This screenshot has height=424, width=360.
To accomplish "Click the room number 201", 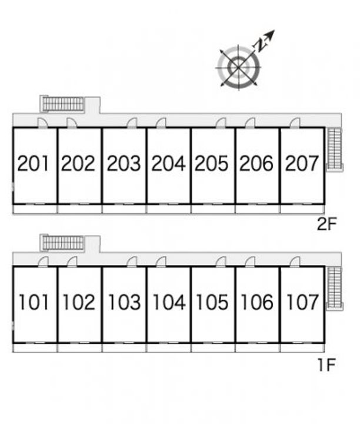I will pyautogui.click(x=34, y=163).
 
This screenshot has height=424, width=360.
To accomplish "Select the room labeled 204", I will pyautogui.click(x=168, y=163).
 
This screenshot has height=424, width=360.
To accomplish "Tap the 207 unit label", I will pyautogui.click(x=302, y=163).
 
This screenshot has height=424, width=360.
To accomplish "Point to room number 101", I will pyautogui.click(x=34, y=302).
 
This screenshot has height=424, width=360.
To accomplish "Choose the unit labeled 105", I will pyautogui.click(x=212, y=302).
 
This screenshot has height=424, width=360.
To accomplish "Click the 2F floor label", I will pyautogui.click(x=326, y=224).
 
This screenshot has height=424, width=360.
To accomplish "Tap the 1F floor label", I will pyautogui.click(x=326, y=365).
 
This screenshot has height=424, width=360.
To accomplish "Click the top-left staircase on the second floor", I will pyautogui.click(x=63, y=104).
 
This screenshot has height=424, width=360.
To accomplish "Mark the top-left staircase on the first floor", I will pyautogui.click(x=63, y=242).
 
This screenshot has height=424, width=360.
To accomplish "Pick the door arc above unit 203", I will pyautogui.click(x=132, y=122).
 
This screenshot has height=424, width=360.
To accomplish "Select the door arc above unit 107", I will pyautogui.click(x=295, y=261).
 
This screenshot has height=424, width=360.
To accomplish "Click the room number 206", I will pyautogui.click(x=257, y=163).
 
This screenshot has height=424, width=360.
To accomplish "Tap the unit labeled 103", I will pyautogui.click(x=124, y=302).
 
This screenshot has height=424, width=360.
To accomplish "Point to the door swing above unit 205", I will pyautogui.click(x=221, y=122).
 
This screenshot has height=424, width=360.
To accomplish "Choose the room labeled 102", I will pyautogui.click(x=79, y=302).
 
